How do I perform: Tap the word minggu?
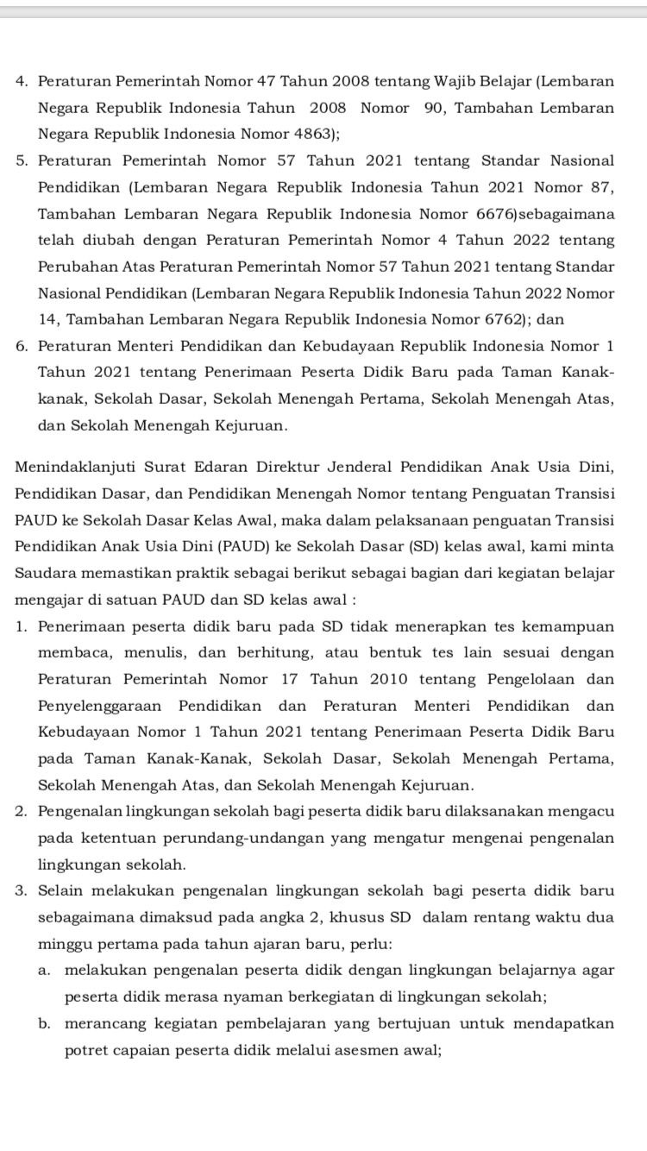(x=64, y=944)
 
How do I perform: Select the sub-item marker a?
(x=44, y=971)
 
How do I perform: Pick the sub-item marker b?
(x=44, y=1024)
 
